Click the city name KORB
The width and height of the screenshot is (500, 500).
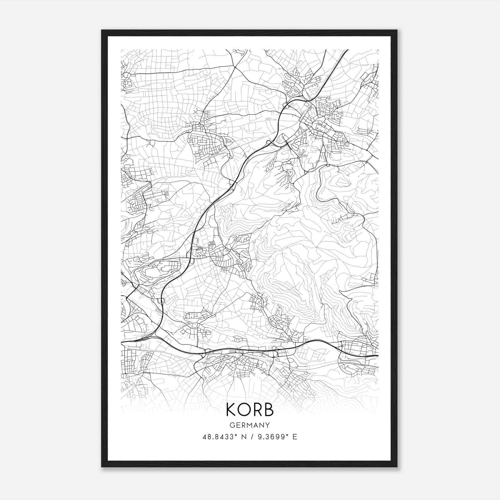click(250, 410)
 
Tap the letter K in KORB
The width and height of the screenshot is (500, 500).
click(231, 410)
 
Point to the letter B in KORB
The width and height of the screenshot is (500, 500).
click(268, 410)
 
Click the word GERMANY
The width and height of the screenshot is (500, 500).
click(250, 425)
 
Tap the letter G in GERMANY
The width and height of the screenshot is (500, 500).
click(232, 425)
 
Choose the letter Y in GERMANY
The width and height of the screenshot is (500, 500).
click(268, 425)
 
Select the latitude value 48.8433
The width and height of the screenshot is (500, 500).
click(217, 437)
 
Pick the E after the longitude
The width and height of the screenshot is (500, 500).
click(295, 437)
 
